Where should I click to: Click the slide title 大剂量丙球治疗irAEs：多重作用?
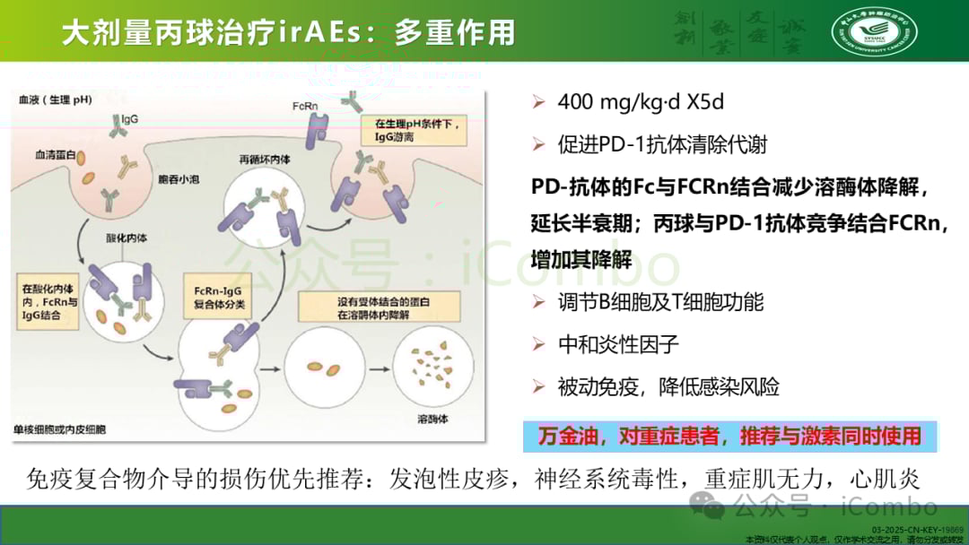pyautogui.click(x=288, y=33)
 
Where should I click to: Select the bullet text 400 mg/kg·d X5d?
pyautogui.click(x=641, y=102)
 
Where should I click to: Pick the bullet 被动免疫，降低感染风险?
pyautogui.click(x=668, y=387)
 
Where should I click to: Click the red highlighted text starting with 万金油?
pyautogui.click(x=729, y=437)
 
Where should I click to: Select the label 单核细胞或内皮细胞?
pyautogui.click(x=59, y=430)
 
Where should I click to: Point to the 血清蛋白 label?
pyautogui.click(x=53, y=155)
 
